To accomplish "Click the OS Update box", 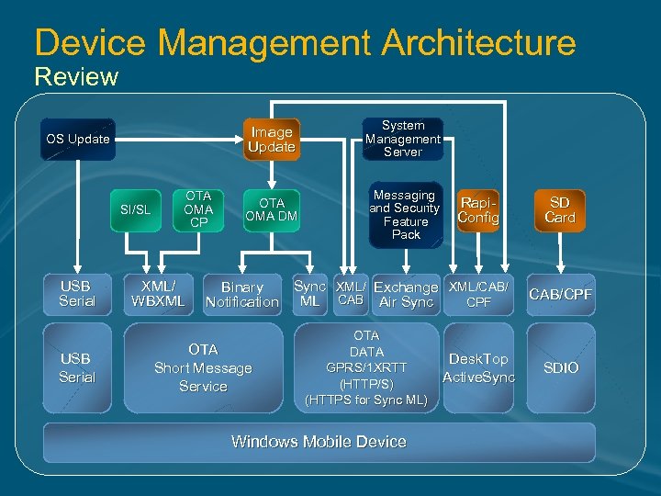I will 78,140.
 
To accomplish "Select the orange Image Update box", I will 271,140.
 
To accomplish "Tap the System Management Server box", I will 402,139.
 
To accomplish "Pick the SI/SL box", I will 135,210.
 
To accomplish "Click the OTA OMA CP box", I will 198,209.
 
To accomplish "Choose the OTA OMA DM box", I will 272,209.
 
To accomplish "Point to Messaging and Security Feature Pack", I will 405,215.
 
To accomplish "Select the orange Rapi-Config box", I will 479,209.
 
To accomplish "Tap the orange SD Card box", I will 559,210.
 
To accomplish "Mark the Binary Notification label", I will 241,295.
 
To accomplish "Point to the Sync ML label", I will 309,294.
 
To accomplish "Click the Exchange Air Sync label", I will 405,295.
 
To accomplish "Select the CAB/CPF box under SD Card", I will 560,294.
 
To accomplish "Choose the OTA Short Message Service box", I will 203,368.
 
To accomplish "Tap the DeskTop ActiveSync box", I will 478,368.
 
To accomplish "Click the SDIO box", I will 560,367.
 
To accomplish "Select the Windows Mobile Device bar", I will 319,442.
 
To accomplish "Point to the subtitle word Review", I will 76,76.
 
